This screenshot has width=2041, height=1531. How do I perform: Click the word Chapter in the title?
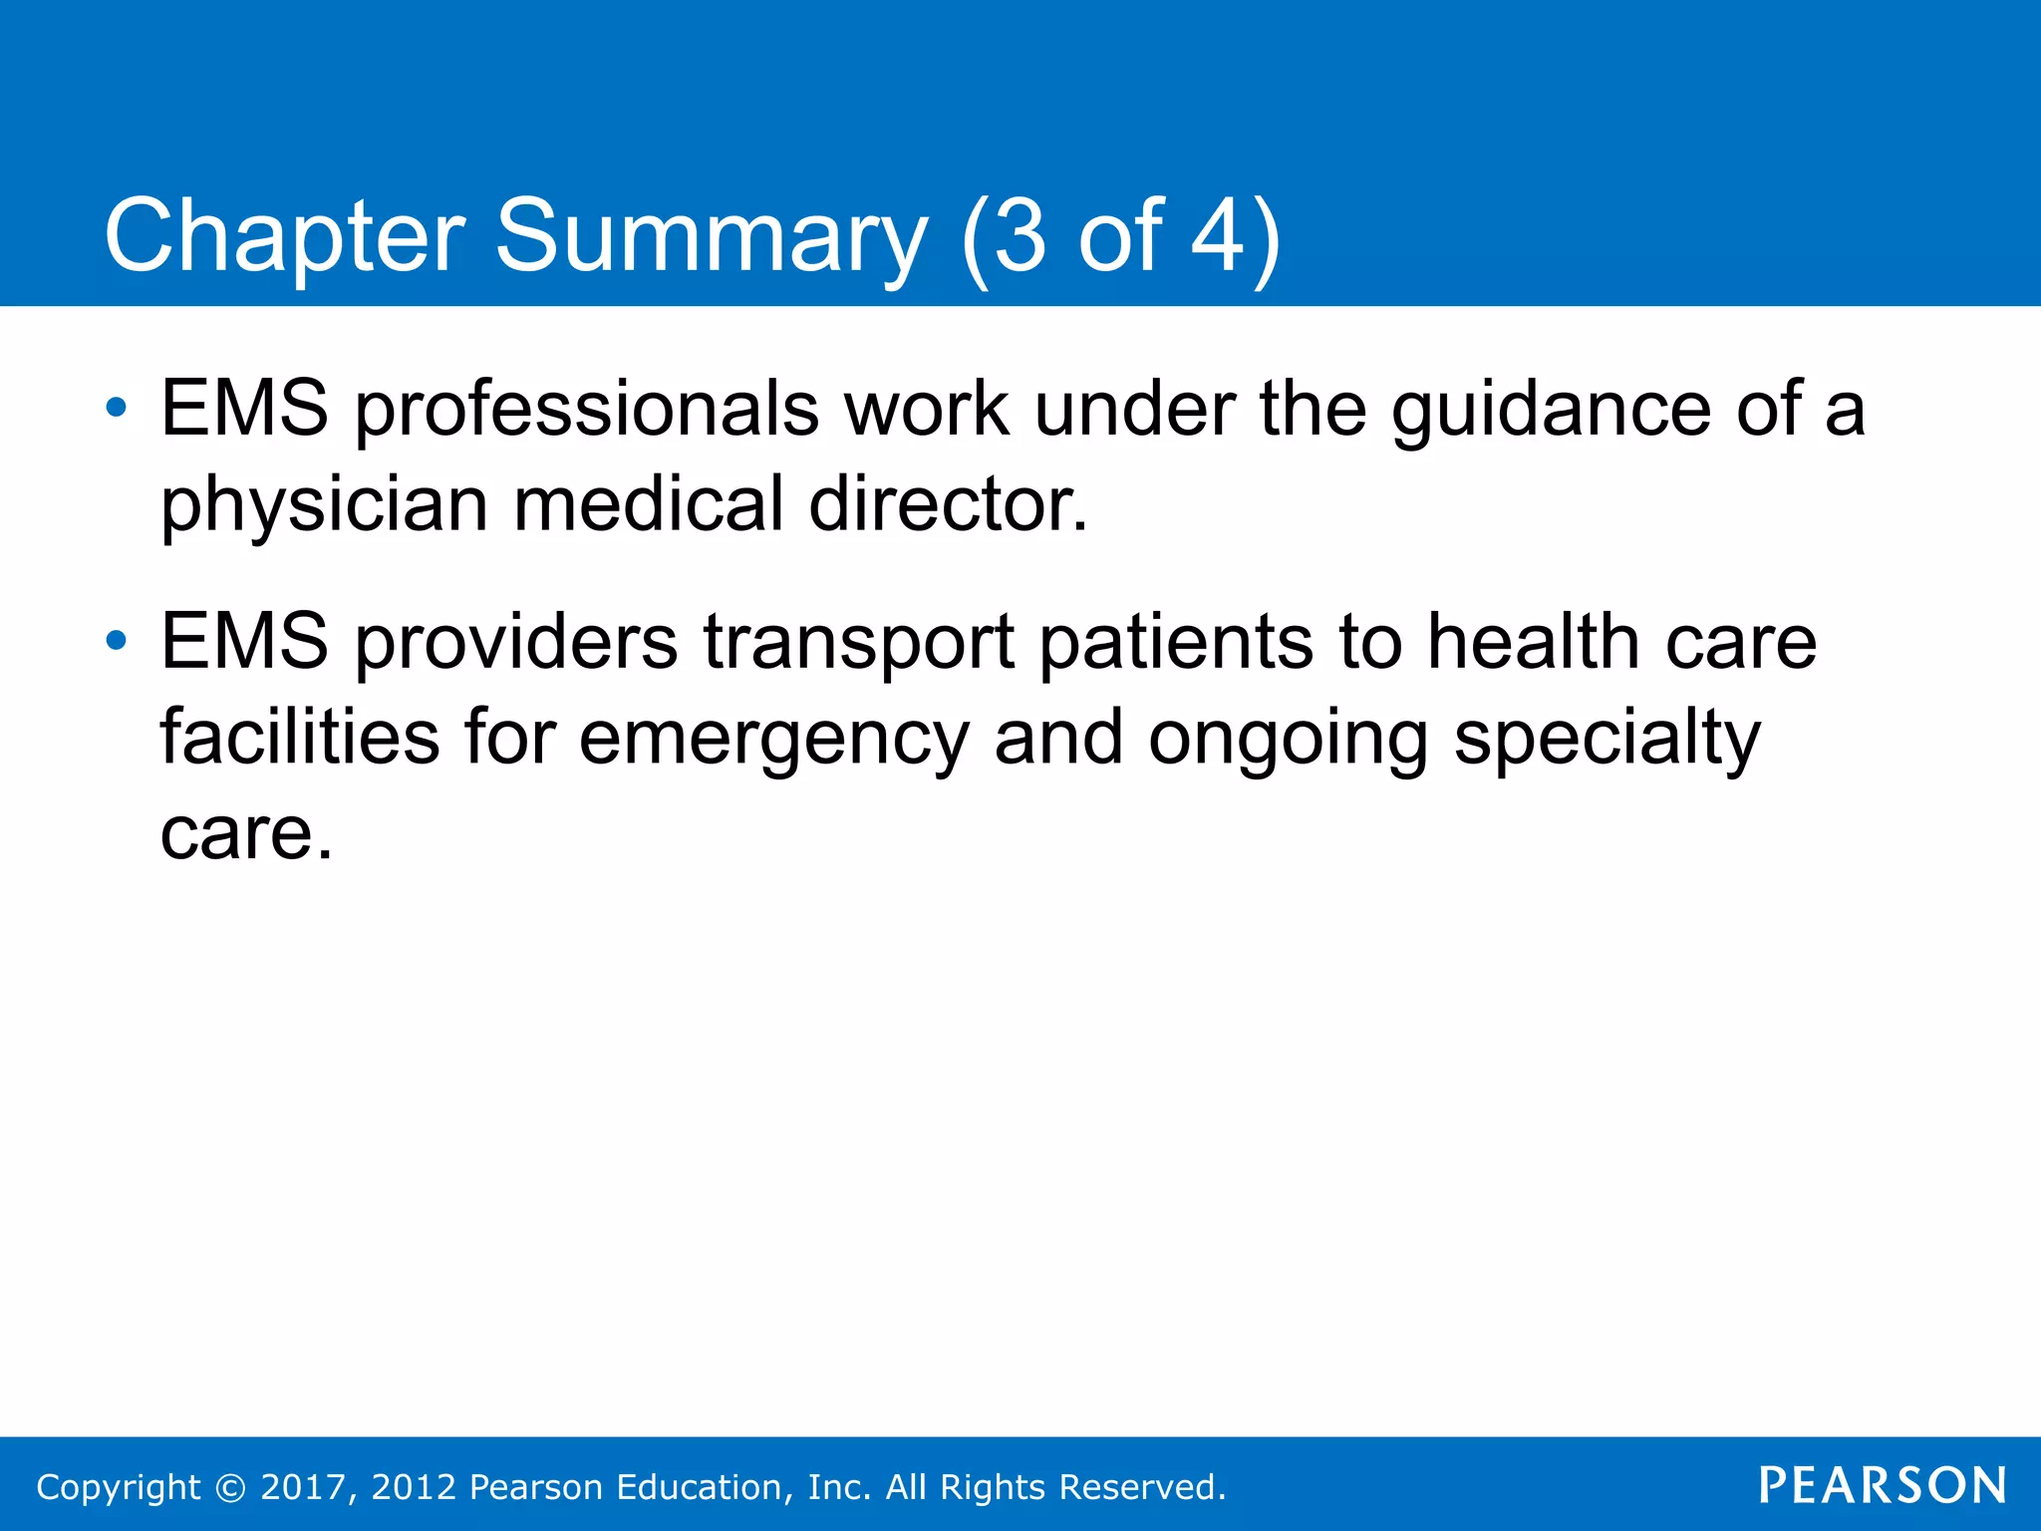pos(284,237)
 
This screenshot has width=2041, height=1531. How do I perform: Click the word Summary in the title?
pos(711,237)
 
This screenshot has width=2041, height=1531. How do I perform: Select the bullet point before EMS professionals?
pos(117,408)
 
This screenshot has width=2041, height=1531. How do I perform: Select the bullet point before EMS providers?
pos(117,641)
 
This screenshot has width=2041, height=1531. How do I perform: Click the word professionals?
pos(586,411)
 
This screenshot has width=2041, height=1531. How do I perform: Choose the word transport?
pos(859,644)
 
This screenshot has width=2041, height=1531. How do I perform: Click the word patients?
pos(1176,642)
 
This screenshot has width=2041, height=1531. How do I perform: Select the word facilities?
pos(299,738)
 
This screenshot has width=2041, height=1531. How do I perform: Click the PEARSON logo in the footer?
pos(1882,1486)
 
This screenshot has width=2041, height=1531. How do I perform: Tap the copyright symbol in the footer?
pos(230,1488)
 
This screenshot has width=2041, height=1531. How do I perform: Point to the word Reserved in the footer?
pos(1140,1487)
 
